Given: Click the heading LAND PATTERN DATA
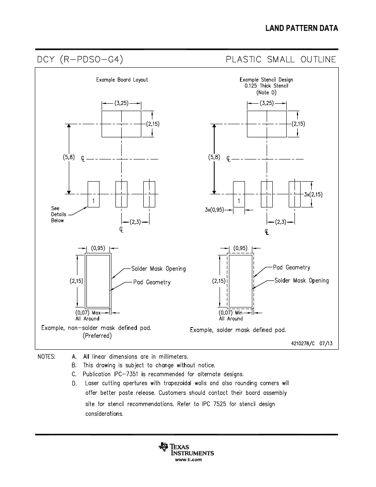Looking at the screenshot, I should point(301,28).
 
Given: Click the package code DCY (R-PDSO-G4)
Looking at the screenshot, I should point(80,60).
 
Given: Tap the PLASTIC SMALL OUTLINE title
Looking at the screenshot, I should point(281,60).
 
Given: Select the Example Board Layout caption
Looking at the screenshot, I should point(122,80).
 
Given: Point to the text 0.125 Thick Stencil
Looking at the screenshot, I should point(266,86).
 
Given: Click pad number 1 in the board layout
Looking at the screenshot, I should point(93,201).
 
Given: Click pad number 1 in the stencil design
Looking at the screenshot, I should point(239,201).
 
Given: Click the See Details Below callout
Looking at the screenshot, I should point(57,214).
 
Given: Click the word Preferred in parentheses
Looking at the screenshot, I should point(97,336).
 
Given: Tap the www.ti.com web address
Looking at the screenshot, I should point(188,460).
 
